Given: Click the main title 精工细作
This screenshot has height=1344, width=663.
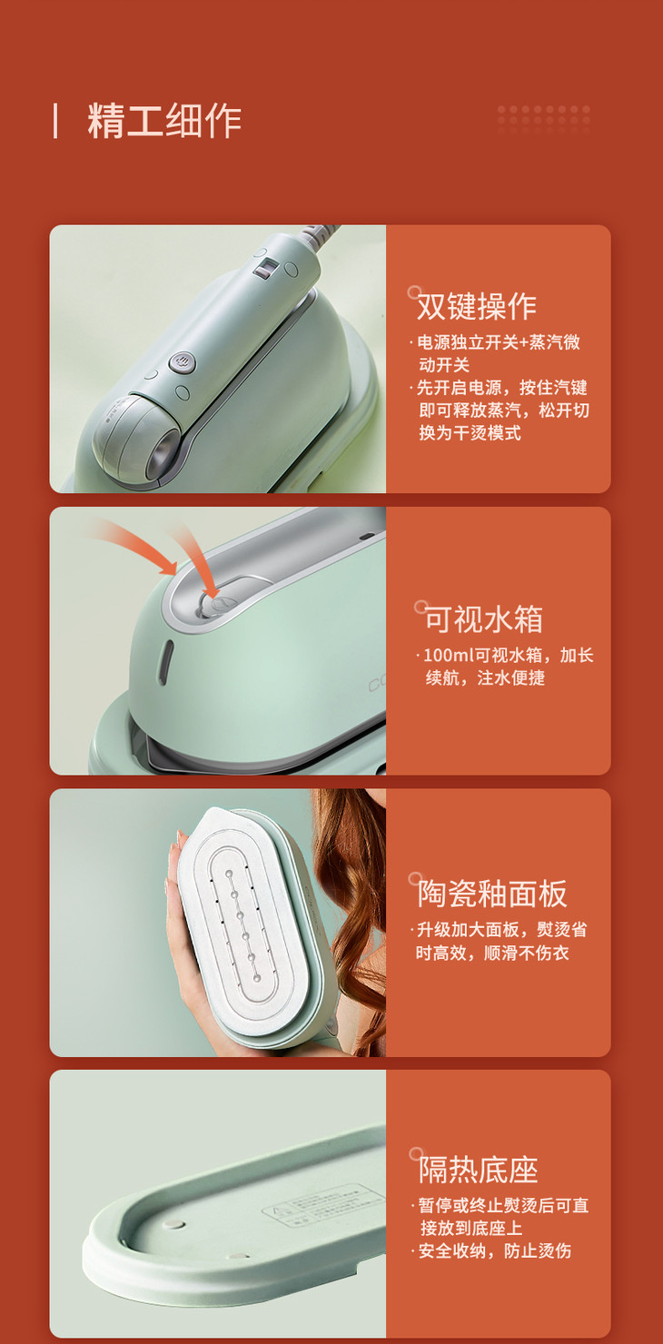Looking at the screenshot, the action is pyautogui.click(x=164, y=121).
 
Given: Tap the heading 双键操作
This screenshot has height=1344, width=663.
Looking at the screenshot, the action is pyautogui.click(x=477, y=307).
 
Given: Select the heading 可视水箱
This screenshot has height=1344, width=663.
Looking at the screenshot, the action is pyautogui.click(x=483, y=619).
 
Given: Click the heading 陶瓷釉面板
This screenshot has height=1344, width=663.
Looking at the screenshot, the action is pyautogui.click(x=492, y=894).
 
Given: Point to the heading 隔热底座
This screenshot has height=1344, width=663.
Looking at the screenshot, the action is pyautogui.click(x=479, y=1170).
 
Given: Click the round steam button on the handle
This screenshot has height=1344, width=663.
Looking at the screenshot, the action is pyautogui.click(x=182, y=362).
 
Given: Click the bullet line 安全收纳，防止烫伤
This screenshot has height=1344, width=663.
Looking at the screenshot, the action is pyautogui.click(x=494, y=1251).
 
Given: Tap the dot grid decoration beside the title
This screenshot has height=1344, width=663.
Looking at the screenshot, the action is pyautogui.click(x=544, y=115).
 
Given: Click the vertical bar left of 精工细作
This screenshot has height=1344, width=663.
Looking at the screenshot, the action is pyautogui.click(x=55, y=121).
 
